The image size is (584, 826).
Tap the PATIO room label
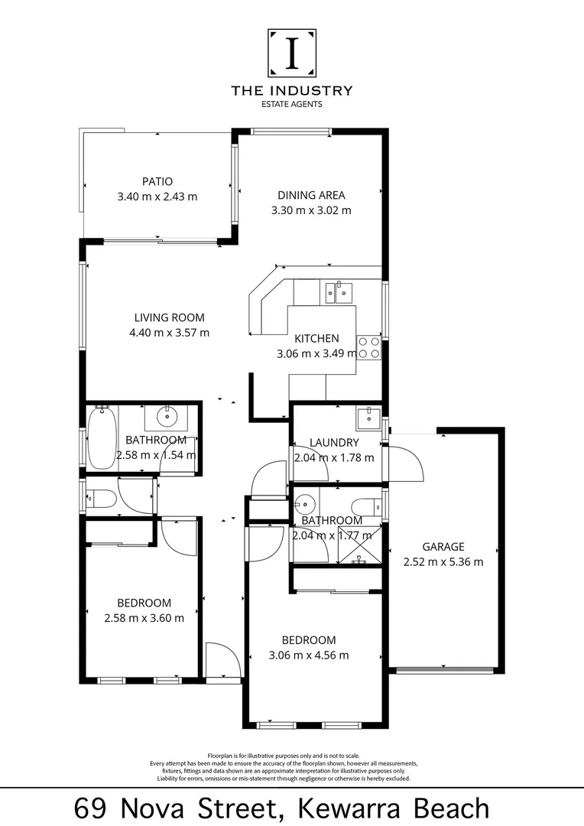point(157,181)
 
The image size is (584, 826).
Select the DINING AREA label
point(311,195)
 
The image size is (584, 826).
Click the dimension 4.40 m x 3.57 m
point(170,333)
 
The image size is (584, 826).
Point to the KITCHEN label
point(316,338)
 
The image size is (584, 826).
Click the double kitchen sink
point(338,291)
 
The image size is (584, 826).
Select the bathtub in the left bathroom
point(102,438)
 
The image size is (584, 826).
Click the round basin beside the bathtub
point(167,418)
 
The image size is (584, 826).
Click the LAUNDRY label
point(334,443)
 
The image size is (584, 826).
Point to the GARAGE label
point(443,547)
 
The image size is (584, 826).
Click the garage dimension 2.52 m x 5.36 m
point(443,562)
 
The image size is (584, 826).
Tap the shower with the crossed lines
point(359,548)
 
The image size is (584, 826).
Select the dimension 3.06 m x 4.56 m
point(310,655)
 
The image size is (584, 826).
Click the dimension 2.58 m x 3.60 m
point(144,618)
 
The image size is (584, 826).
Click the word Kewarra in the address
point(352,808)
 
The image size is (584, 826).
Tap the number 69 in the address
point(91,808)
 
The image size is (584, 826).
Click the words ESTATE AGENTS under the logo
point(291,104)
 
